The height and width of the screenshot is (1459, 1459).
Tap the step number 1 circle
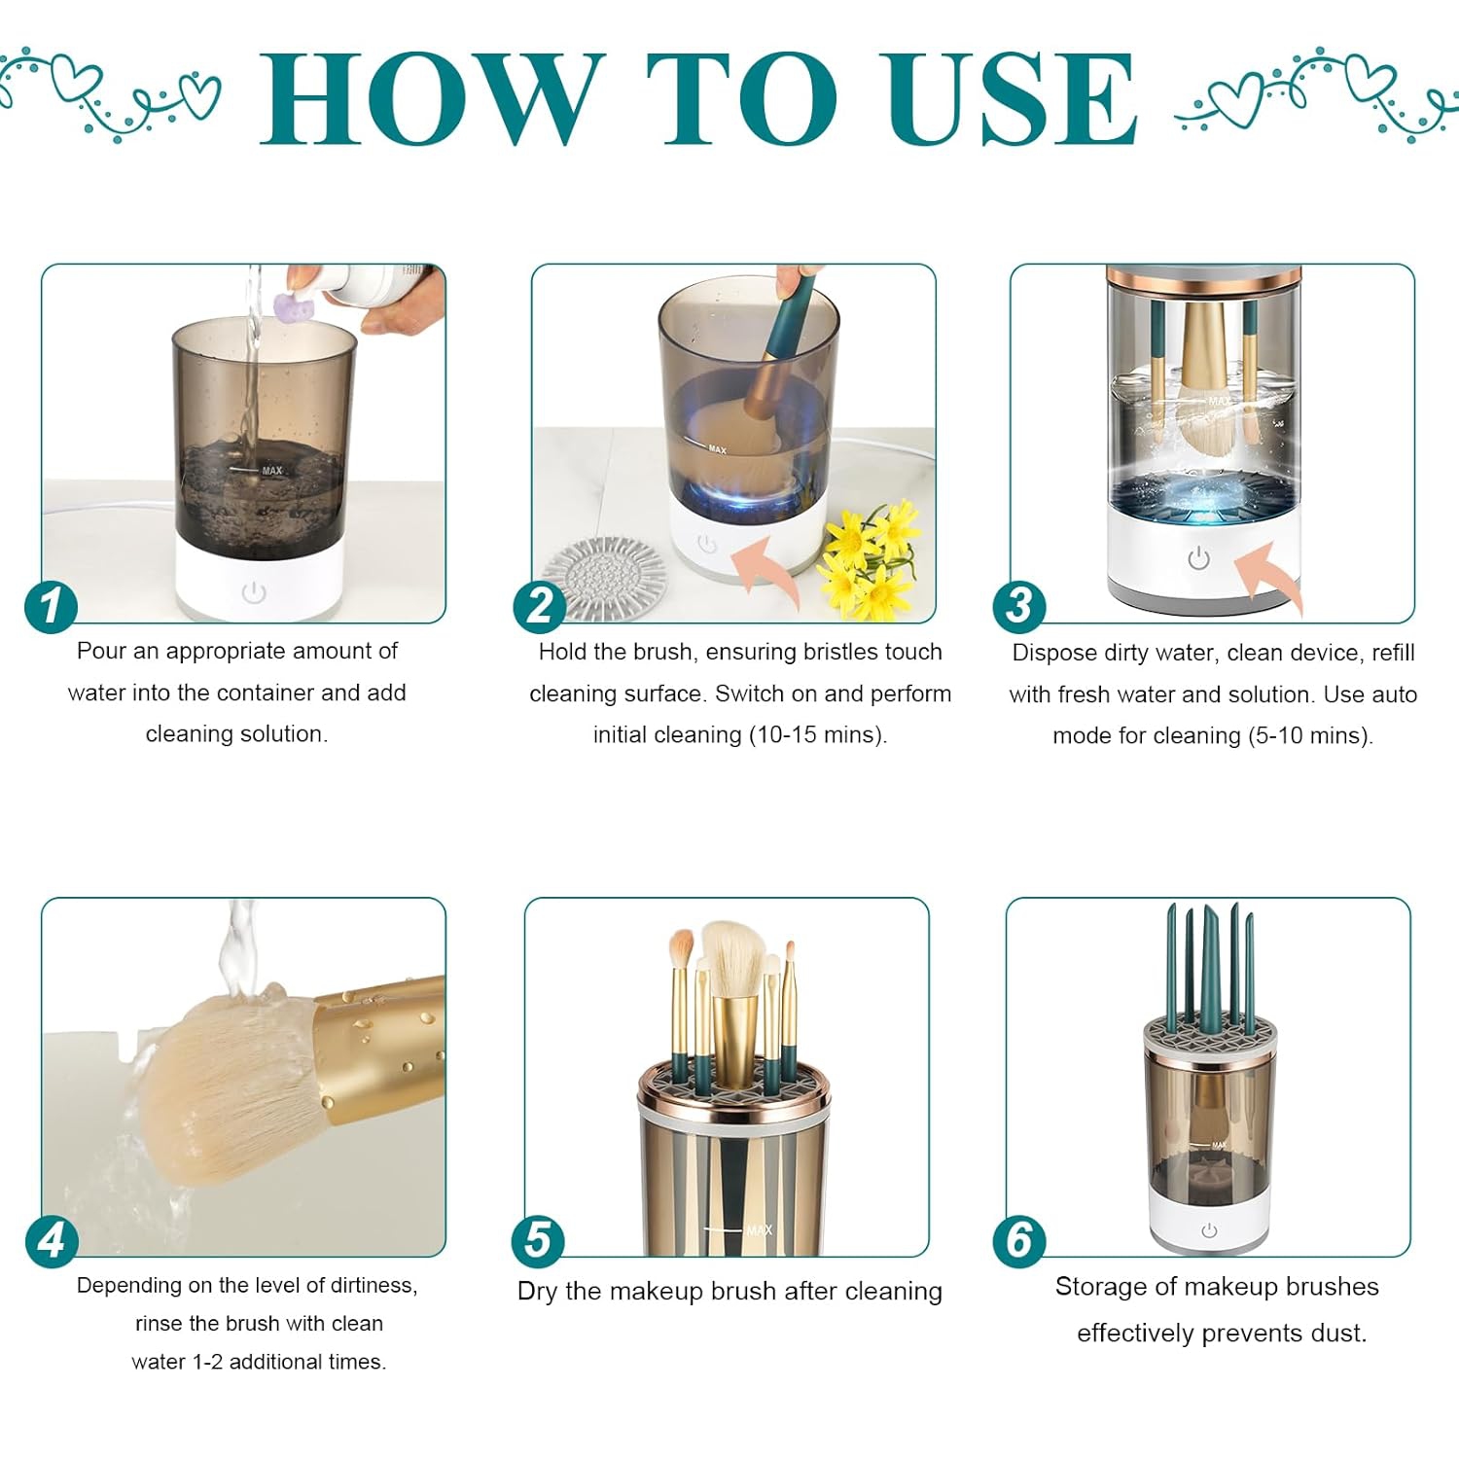(51, 607)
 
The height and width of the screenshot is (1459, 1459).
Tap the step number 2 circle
(540, 607)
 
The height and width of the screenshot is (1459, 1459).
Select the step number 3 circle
(1018, 605)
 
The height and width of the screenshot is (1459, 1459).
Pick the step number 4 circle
(51, 1240)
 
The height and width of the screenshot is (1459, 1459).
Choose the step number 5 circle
(538, 1241)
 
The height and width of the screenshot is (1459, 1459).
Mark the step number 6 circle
(1018, 1240)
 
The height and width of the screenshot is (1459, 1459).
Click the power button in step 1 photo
(254, 592)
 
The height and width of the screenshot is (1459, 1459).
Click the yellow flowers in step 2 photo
(871, 559)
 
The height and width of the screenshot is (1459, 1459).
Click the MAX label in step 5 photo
(759, 1230)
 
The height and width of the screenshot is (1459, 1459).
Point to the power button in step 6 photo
(1209, 1230)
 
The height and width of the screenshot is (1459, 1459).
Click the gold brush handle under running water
(384, 1041)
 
